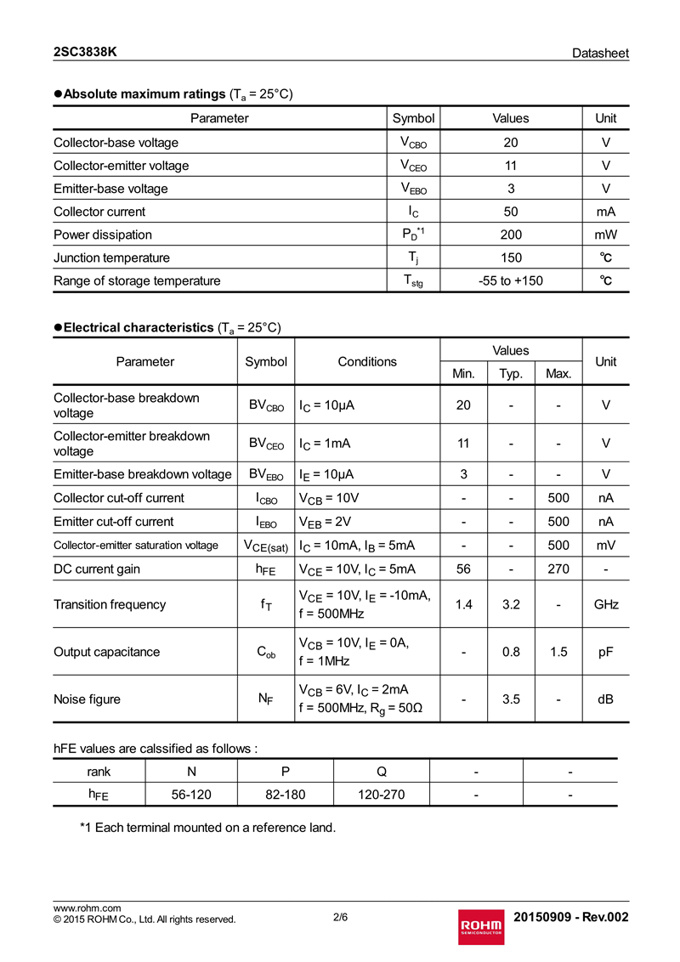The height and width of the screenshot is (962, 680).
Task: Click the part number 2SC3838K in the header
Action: coord(85,52)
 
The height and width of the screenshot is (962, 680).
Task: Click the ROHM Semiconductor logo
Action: coord(481,924)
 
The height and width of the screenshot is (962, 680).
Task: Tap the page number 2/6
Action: coord(340,917)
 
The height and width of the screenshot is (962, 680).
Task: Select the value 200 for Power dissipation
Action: coord(511,235)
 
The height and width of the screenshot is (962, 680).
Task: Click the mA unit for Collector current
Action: coord(605,212)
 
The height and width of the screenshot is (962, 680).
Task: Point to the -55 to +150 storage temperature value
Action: coord(511,280)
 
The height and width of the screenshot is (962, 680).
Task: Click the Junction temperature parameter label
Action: coord(111,257)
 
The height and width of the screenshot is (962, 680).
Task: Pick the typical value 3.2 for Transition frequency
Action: coord(511,604)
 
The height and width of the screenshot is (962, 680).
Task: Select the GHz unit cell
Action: coord(605,604)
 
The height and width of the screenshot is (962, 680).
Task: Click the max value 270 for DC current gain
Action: coord(558,569)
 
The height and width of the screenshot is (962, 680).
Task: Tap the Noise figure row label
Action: coord(87,699)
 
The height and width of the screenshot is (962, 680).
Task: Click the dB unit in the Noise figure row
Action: coord(605,699)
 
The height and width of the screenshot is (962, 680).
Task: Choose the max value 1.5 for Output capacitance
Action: coord(558,652)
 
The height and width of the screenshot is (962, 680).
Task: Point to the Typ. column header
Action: coord(511,373)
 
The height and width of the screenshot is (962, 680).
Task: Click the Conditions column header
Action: coord(367,361)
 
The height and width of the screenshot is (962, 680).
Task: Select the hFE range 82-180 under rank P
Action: coord(286,795)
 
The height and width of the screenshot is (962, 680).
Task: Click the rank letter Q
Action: coord(382,771)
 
